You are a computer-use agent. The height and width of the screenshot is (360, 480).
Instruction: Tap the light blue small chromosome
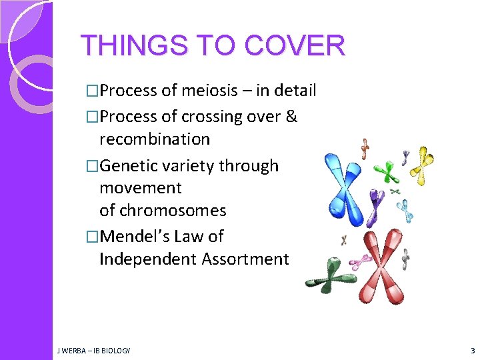point(405,209)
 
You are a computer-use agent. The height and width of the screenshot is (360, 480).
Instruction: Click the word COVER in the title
point(295,46)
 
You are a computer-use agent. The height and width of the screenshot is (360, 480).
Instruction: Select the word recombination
point(155,139)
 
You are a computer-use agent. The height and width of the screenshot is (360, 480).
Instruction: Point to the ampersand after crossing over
point(291,117)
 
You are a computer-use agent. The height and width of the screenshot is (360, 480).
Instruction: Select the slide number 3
point(472,350)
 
